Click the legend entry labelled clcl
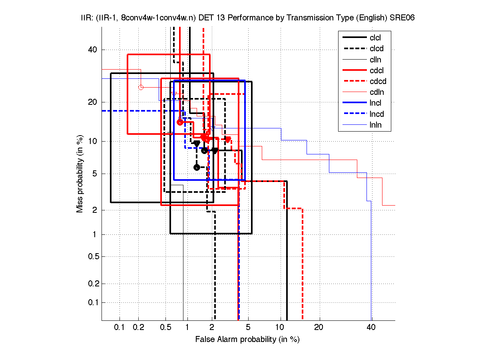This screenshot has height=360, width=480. point(375,38)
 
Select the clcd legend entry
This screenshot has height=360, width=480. point(376,49)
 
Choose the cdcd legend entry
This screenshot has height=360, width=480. point(378,82)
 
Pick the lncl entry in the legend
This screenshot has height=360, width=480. point(375,103)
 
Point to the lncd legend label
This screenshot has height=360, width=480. point(376,114)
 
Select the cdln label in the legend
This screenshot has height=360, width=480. point(376,92)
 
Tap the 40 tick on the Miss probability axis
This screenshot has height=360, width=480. point(92,50)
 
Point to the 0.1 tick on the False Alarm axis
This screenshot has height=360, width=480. point(120,328)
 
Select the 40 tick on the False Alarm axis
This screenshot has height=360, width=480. point(371,328)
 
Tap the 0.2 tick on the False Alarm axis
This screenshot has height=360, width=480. point(139,328)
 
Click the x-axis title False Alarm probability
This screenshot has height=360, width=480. point(247,340)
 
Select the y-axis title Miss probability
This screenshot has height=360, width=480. point(80,174)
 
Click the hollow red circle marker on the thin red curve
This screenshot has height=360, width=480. point(141,87)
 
